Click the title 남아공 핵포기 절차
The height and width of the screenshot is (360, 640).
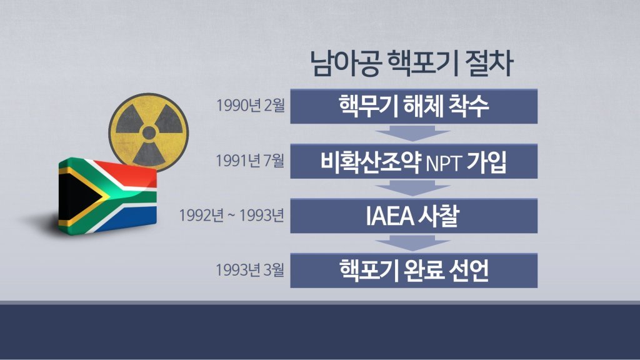[x=412, y=64]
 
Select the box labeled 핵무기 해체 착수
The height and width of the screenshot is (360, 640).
[x=414, y=106]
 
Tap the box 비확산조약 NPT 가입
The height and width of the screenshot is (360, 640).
[x=414, y=162]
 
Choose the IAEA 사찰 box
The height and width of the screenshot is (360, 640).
[x=414, y=216]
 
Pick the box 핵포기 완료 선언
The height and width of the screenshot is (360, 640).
[x=414, y=270]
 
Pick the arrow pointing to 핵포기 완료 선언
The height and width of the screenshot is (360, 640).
[x=414, y=243]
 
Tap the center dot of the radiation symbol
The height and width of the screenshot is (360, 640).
[x=148, y=132]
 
